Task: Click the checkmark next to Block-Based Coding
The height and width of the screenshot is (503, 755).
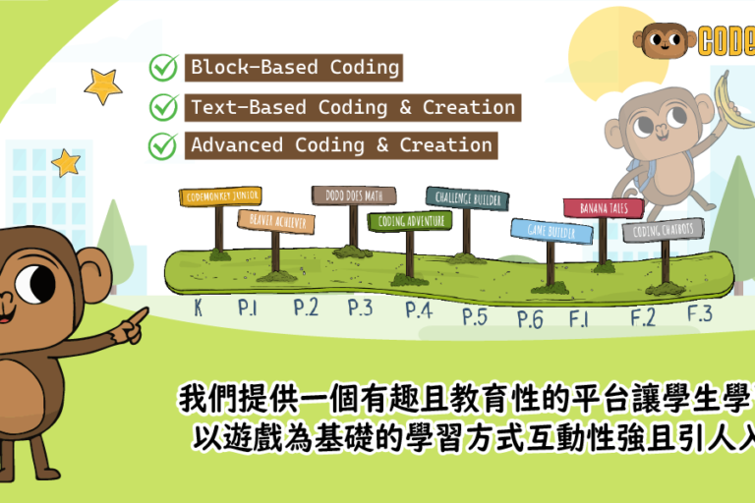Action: tap(162, 68)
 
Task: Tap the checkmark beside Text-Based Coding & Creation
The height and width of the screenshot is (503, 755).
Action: tap(162, 107)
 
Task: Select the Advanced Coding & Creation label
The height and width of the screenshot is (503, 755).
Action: tap(341, 145)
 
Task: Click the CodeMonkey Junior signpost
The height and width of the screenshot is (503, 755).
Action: tap(220, 196)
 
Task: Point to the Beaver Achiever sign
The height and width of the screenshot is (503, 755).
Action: tap(275, 221)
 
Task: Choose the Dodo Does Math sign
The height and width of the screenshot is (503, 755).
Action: tap(353, 195)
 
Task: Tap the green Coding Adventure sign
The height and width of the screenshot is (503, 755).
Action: tap(410, 221)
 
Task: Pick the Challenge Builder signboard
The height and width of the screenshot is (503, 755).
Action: tap(467, 198)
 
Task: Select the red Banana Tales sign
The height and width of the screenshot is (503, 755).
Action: tap(603, 207)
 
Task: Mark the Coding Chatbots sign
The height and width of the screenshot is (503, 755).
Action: tap(663, 230)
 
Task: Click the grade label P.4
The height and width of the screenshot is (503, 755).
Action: tap(419, 310)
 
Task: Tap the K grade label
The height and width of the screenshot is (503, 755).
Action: tap(198, 308)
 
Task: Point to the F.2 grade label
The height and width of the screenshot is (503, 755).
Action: tap(643, 316)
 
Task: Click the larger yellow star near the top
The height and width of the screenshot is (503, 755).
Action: tap(102, 85)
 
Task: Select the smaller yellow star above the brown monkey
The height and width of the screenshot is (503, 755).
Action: tap(66, 162)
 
